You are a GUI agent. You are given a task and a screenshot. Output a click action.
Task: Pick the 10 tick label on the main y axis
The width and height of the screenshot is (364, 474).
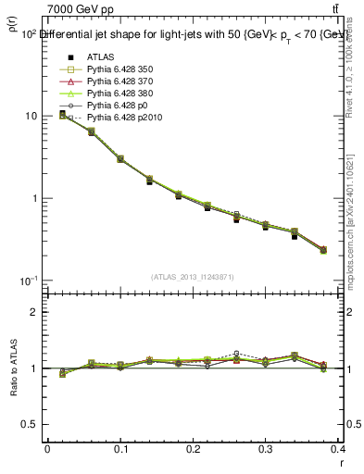[31, 116]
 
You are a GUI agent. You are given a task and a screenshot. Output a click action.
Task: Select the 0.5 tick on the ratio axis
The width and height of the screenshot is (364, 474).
[30, 425]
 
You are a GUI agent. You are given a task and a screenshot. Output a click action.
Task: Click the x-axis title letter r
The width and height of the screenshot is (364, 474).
[344, 462]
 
